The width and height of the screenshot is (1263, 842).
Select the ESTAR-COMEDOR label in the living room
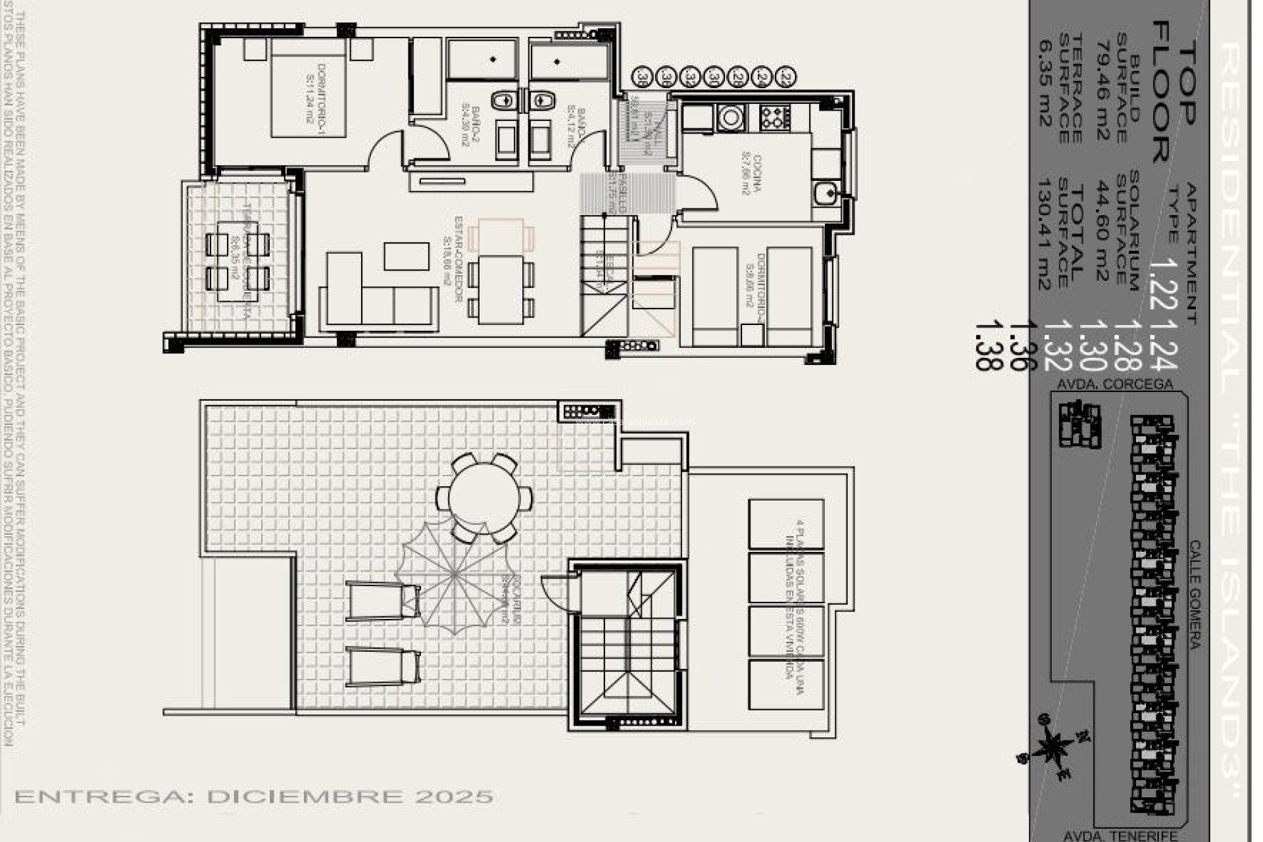[455, 259]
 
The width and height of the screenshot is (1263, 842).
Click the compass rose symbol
[1053, 747]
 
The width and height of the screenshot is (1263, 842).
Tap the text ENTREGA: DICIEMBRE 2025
[253, 797]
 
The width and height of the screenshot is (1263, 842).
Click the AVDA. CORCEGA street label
[1115, 384]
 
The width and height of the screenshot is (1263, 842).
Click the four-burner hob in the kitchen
[774, 118]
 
